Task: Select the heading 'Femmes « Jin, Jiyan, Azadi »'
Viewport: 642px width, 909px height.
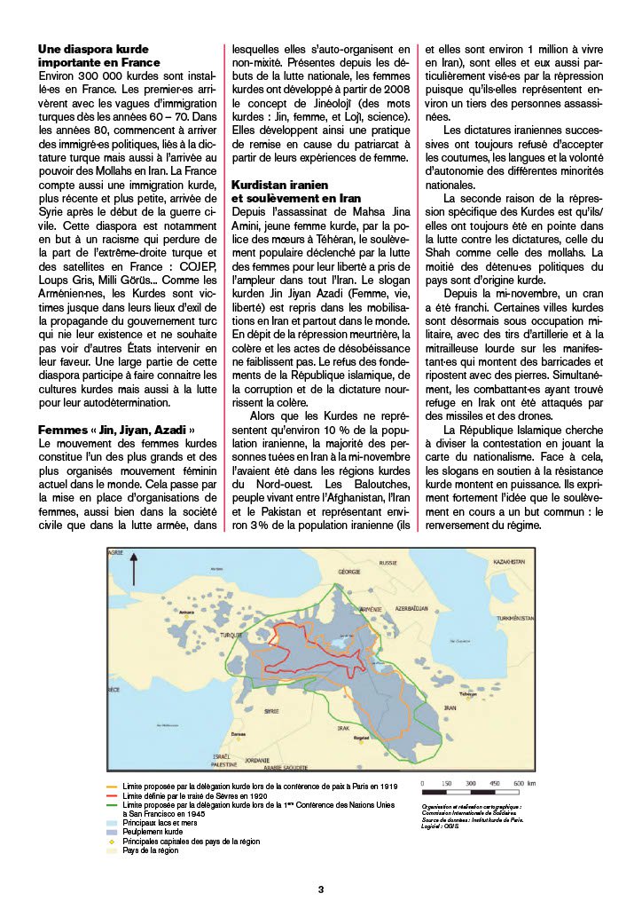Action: pyautogui.click(x=116, y=430)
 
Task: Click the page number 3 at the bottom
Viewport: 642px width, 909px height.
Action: pyautogui.click(x=321, y=889)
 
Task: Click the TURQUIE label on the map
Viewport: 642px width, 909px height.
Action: pyautogui.click(x=231, y=635)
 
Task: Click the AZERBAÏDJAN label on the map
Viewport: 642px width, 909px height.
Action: pyautogui.click(x=417, y=609)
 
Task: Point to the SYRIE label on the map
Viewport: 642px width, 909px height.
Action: pyautogui.click(x=272, y=710)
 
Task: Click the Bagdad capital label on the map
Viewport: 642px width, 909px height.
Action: pyautogui.click(x=361, y=738)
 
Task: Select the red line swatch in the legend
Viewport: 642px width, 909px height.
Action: pyautogui.click(x=112, y=796)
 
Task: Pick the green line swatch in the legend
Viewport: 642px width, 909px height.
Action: pyautogui.click(x=112, y=806)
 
